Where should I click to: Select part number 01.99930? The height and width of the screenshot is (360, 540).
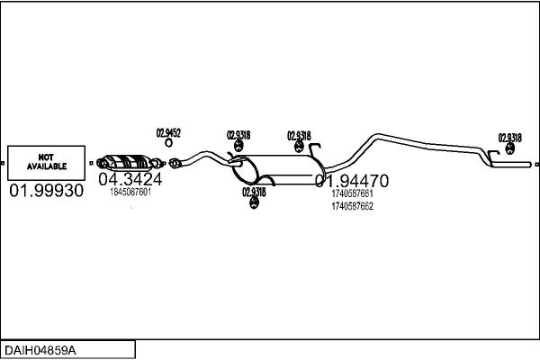pyautogui.click(x=46, y=192)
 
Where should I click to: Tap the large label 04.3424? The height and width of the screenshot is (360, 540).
pyautogui.click(x=130, y=178)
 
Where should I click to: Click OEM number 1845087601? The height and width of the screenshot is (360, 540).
pyautogui.click(x=130, y=192)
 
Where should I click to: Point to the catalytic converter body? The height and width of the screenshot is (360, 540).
pyautogui.click(x=130, y=162)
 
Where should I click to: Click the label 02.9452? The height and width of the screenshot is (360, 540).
pyautogui.click(x=169, y=133)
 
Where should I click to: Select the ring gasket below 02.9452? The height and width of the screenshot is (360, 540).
pyautogui.click(x=168, y=146)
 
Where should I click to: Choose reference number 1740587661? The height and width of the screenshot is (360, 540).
pyautogui.click(x=352, y=193)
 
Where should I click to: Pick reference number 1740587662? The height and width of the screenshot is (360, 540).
pyautogui.click(x=352, y=206)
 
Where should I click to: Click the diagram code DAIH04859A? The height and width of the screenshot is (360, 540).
pyautogui.click(x=41, y=349)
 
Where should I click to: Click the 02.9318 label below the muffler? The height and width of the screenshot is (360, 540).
pyautogui.click(x=254, y=192)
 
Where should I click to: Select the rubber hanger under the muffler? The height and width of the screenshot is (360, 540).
pyautogui.click(x=254, y=205)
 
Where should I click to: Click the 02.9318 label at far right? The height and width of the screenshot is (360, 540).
pyautogui.click(x=509, y=138)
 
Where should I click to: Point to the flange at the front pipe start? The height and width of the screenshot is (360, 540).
pyautogui.click(x=175, y=164)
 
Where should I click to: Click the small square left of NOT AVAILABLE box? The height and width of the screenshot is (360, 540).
pyautogui.click(x=4, y=163)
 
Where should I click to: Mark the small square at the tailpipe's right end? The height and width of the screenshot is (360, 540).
pyautogui.click(x=536, y=165)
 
